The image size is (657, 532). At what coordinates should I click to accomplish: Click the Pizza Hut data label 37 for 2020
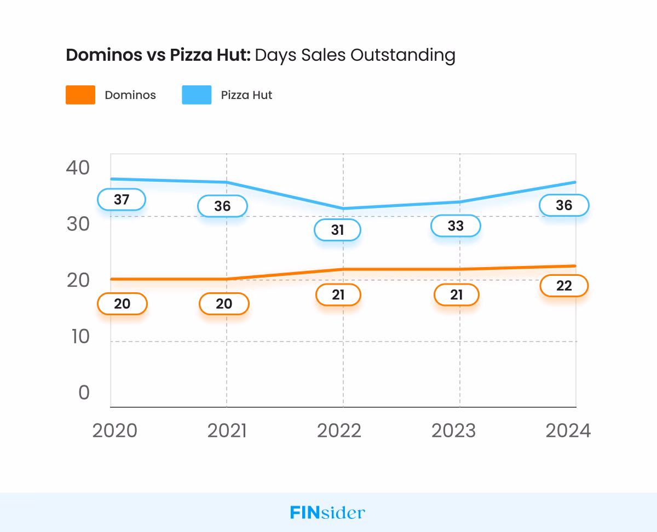tap(122, 200)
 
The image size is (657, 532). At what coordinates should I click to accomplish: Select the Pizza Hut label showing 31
tap(337, 230)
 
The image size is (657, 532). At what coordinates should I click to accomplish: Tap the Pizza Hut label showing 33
tap(456, 225)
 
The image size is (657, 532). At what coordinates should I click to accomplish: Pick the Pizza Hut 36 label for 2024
tap(564, 205)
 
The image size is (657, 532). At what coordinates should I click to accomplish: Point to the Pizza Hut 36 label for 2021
tap(222, 206)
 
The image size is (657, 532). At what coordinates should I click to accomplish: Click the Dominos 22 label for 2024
tap(564, 286)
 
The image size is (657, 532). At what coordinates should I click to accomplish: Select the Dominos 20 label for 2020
tap(122, 304)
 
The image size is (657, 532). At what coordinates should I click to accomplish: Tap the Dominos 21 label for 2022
tap(338, 295)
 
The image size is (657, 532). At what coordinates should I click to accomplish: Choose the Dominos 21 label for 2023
tap(456, 295)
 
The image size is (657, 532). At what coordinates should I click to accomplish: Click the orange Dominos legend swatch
tap(80, 95)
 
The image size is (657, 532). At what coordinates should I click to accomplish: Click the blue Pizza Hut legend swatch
tap(197, 95)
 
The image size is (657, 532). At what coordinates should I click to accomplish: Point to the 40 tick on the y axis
tap(77, 167)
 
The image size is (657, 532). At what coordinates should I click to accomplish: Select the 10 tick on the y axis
tap(80, 336)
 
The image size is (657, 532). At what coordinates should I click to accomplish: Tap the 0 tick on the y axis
tap(84, 392)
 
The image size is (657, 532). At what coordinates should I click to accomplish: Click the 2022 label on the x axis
tap(339, 431)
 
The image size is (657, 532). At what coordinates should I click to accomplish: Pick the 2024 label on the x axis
tap(568, 431)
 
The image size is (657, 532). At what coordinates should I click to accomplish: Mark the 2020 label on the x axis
tap(114, 431)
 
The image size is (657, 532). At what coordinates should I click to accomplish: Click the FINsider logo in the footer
tap(327, 513)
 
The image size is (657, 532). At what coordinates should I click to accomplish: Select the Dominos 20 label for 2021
tap(224, 304)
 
